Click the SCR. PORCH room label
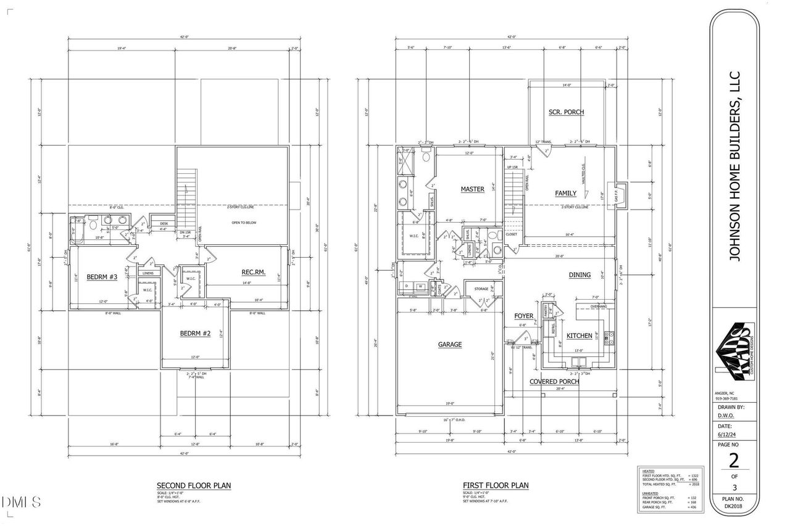[566, 112]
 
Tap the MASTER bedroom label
[472, 189]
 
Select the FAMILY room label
[565, 194]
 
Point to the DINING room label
[580, 275]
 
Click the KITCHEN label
[580, 336]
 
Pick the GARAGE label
[450, 345]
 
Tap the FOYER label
[523, 316]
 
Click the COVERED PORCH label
[554, 382]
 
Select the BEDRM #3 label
[102, 277]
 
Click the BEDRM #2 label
[196, 334]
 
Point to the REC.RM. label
[253, 272]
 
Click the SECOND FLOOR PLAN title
[193, 485]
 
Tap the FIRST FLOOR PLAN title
[496, 485]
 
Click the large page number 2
[734, 460]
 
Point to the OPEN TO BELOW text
[244, 223]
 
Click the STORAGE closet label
[481, 289]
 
